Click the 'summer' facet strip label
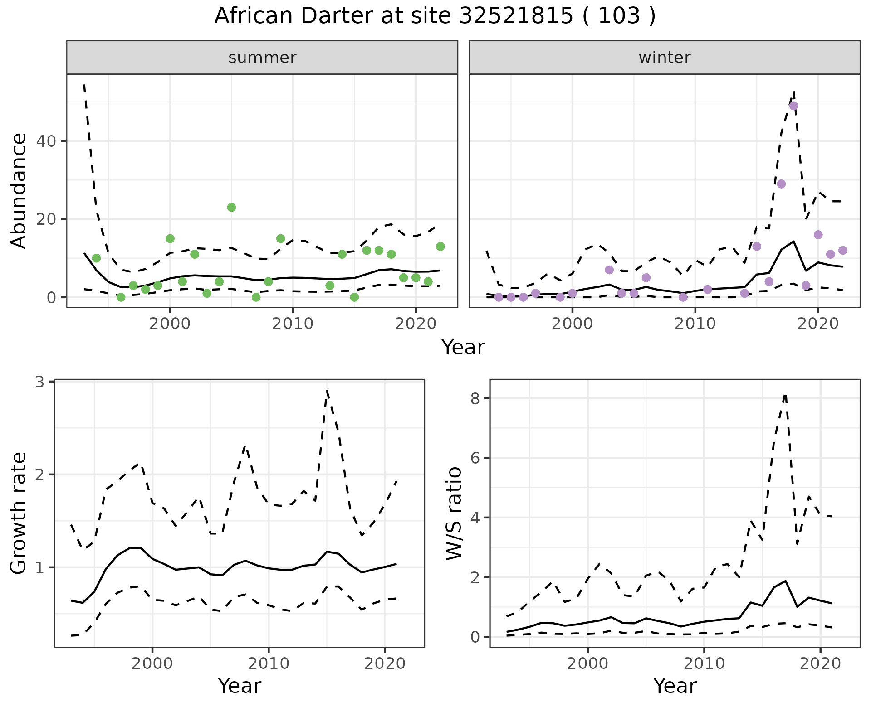tap(262, 58)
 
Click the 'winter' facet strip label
tap(664, 58)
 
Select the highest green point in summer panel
tap(231, 208)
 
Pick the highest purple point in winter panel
tap(793, 106)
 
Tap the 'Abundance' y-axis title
tap(19, 190)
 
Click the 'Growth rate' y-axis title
tap(19, 513)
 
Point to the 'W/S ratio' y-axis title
tap(454, 513)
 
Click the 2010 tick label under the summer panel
tap(293, 324)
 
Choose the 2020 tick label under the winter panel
tap(818, 324)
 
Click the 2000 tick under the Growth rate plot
tap(152, 664)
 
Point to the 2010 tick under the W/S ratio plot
tap(704, 664)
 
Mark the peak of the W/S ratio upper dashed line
tap(785, 395)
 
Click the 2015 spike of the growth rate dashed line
tap(327, 391)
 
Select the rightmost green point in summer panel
tap(440, 247)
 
